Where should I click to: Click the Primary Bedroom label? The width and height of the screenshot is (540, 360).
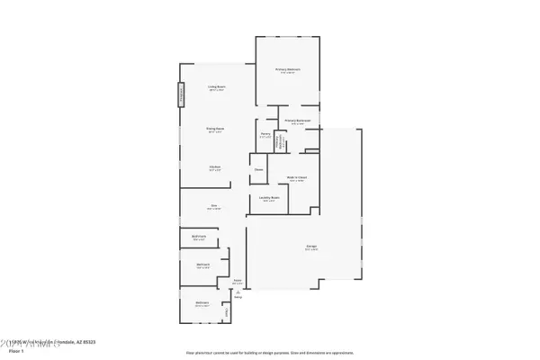(288, 72)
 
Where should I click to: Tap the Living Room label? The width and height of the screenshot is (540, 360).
(216, 88)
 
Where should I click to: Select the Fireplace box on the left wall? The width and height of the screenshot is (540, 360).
(180, 94)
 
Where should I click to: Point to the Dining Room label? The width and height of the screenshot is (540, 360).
(216, 130)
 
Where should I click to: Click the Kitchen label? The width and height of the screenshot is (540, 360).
(216, 167)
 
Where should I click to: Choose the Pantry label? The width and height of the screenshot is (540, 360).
(266, 135)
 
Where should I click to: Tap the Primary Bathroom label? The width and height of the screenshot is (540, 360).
(298, 121)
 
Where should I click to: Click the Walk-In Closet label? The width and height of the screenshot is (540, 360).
(299, 178)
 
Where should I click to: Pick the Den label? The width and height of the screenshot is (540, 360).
(214, 207)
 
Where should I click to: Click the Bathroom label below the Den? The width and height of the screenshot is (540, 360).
(200, 238)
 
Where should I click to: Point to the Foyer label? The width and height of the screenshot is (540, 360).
(238, 282)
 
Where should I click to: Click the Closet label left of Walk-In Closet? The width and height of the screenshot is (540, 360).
(258, 169)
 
